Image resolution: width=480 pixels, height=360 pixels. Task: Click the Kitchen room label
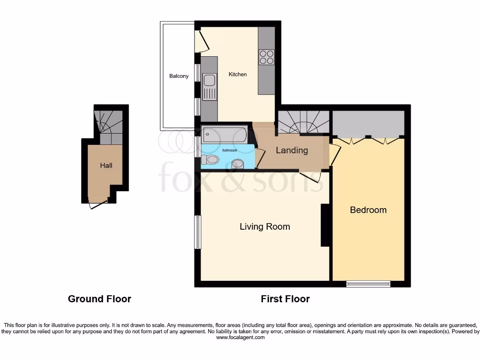237,75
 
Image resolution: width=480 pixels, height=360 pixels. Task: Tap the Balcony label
179,76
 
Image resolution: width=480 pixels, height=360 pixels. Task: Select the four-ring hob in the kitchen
267,57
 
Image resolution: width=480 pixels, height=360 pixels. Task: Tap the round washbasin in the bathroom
238,164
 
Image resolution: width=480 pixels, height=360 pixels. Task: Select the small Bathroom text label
229,150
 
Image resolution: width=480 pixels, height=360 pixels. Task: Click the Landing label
292,150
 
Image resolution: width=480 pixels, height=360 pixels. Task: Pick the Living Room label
264,227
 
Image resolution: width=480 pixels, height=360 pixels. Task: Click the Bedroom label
368,210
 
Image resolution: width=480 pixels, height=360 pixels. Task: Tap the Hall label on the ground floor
106,165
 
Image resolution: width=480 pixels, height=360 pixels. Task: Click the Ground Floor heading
99,299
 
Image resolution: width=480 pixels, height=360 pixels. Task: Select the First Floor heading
285,299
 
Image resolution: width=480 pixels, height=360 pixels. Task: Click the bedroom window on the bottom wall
368,283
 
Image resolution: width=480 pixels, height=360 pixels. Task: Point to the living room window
198,232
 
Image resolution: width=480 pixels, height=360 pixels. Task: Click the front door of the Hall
97,203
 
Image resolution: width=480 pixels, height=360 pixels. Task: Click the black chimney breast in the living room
324,225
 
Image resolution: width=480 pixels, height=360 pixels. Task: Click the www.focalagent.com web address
240,337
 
